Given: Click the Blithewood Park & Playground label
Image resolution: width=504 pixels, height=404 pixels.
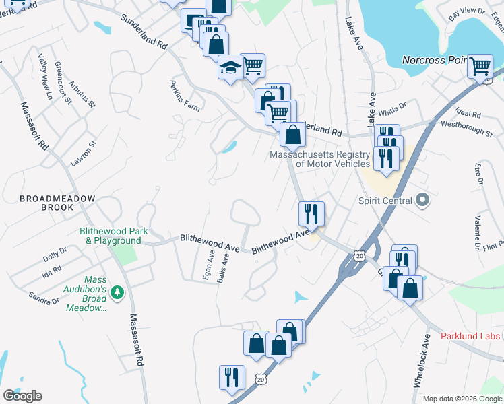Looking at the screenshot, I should coord(113,236).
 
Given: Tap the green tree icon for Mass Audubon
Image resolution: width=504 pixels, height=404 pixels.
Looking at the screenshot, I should coord(118,292).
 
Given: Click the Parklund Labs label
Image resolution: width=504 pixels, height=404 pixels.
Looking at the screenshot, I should coord(471,336).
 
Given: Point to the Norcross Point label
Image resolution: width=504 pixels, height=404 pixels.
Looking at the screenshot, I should coord(435,60).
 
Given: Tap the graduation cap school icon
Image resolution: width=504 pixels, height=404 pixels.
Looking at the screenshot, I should coord(230,67).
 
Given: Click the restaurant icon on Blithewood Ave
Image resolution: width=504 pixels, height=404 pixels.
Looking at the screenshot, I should coord(311,213).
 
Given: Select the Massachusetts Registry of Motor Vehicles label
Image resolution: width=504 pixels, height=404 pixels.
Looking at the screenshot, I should coord(319,159).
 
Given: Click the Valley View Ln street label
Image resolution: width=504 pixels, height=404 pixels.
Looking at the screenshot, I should coord(45,77).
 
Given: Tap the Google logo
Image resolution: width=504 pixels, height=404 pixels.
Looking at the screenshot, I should coord(23,396).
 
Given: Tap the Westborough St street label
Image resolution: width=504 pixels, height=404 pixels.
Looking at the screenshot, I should coord(466,129).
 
